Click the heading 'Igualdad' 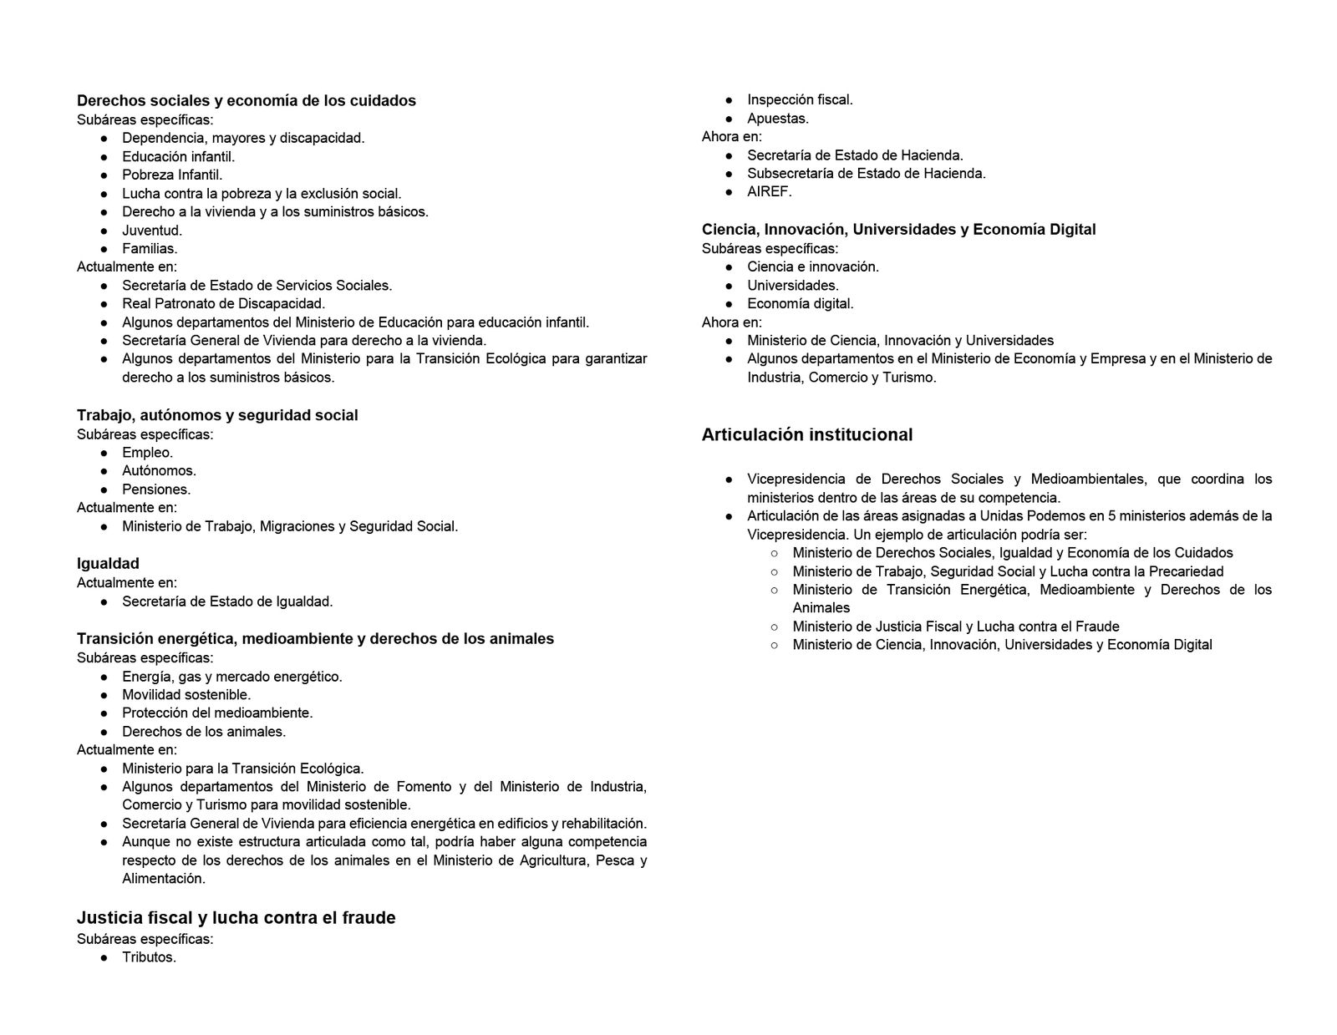[108, 564]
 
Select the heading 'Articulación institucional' [806, 434]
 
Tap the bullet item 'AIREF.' [769, 191]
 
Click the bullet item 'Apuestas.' [777, 119]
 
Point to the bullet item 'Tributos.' [149, 957]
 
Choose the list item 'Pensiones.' [156, 490]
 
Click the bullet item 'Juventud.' [152, 231]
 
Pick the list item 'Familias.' [150, 249]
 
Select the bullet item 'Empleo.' [147, 453]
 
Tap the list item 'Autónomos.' [159, 471]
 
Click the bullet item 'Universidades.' [792, 286]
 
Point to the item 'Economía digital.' [800, 304]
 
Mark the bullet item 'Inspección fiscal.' [800, 100]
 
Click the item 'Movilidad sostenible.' [186, 695]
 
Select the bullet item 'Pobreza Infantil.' [172, 175]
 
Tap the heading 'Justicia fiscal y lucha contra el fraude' [236, 918]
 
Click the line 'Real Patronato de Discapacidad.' [223, 304]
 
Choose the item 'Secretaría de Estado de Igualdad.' [227, 601]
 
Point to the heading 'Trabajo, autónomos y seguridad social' [217, 415]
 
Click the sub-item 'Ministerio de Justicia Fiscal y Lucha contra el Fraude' [955, 627]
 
